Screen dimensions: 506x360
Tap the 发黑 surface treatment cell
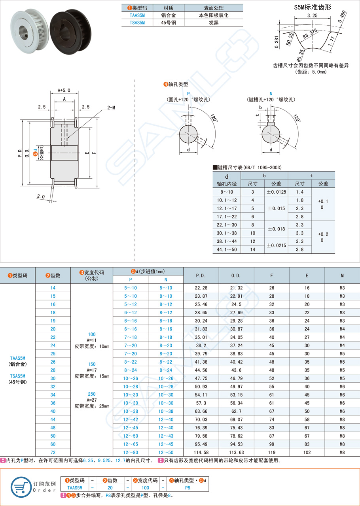pos(214,23)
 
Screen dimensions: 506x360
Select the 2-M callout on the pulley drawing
pos(111,108)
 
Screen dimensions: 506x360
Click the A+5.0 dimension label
pos(64,90)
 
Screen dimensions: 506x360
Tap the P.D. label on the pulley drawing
pos(19,153)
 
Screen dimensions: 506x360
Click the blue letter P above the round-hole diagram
pos(188,93)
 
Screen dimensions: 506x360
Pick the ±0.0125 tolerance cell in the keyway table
pos(276,192)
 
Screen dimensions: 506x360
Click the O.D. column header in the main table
pos(236,275)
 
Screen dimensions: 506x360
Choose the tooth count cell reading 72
pos(53,452)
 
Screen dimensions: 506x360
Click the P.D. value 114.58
pos(201,452)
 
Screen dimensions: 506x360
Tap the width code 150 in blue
pos(91,364)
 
